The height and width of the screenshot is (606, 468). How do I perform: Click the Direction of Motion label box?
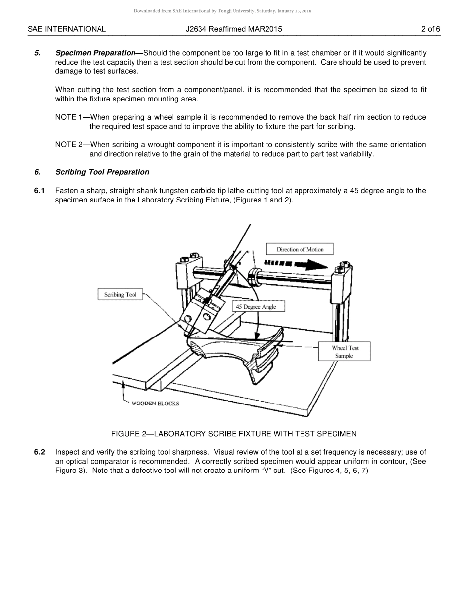coord(300,249)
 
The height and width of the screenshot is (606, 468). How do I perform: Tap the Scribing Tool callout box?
coord(120,295)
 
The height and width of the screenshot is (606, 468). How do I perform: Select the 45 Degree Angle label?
coord(256,307)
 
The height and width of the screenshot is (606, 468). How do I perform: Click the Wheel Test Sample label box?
coord(344,352)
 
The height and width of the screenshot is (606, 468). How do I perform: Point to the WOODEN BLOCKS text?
coord(155,404)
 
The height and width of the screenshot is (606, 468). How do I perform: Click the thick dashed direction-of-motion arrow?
coord(296,264)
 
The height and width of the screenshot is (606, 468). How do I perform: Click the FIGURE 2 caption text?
coord(234,434)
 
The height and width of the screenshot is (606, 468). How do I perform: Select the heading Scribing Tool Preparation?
coord(102,172)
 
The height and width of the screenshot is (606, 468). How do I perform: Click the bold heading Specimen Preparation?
coord(95,53)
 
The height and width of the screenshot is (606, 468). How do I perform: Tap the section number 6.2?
coord(40,452)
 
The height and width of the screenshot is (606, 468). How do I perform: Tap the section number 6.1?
coord(40,191)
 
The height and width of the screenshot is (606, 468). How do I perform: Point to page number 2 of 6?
coord(431,29)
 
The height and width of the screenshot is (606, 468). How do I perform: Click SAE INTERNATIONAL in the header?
coord(67,29)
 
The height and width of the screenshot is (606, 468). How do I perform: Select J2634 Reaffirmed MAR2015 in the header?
coord(234,29)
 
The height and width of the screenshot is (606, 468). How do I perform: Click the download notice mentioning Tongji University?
coord(222,11)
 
